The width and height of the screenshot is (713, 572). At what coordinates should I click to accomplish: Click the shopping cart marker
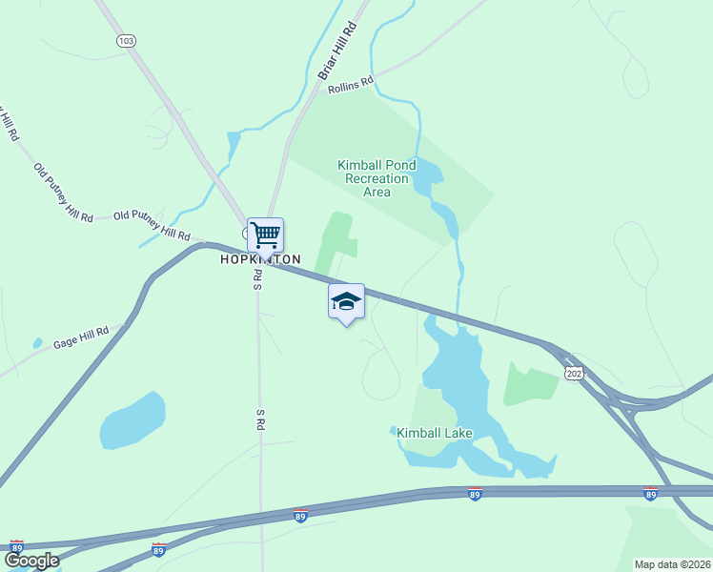coord(265,234)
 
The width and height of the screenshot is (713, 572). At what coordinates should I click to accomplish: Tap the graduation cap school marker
coord(346,301)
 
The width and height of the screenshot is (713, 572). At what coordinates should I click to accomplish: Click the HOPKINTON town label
coord(260,259)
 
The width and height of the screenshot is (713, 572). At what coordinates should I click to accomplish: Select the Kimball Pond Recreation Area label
coord(377,178)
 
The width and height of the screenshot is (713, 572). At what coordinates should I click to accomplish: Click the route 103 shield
coord(126,41)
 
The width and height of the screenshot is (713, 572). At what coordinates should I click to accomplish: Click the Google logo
coord(31,561)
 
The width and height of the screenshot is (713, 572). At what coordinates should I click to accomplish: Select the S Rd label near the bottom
coord(259,419)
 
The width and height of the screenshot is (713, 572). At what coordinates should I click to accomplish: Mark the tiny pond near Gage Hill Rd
coord(37,343)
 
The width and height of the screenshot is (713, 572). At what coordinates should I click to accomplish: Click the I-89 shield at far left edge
coord(16,546)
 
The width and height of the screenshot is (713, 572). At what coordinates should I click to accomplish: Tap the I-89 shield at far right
coord(650,494)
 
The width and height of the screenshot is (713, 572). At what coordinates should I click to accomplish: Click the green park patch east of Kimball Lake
coord(530,382)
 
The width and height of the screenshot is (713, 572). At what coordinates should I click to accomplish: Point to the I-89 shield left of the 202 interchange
coord(475,494)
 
